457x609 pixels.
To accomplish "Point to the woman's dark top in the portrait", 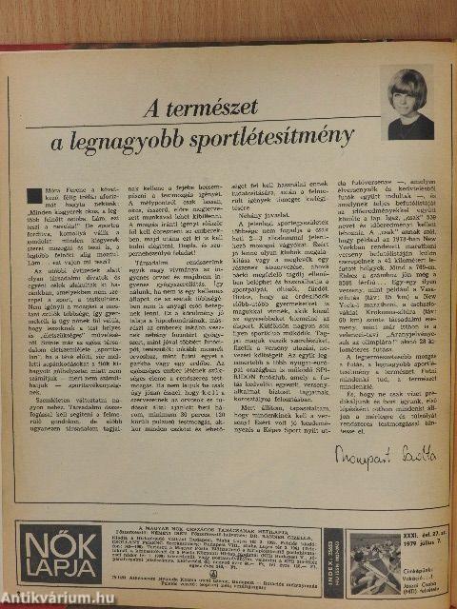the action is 410,128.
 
